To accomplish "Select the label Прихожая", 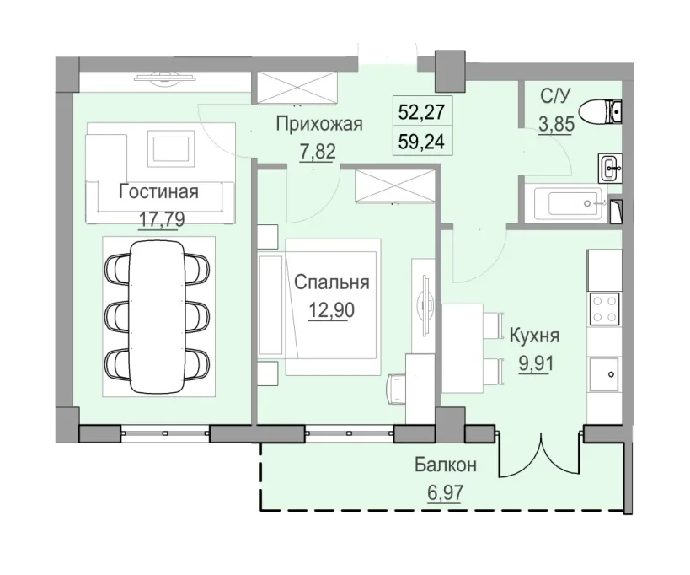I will coord(319,126).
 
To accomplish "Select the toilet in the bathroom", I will coord(607,110).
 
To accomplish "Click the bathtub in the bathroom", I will coord(566,204).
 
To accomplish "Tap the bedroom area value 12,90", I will coord(331,309).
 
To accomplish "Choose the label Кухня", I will coord(535,337).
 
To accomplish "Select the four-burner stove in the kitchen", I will coord(604,307).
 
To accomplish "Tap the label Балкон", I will coord(446,465).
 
